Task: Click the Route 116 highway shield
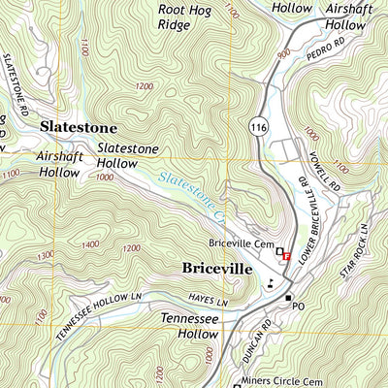257,126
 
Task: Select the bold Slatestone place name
78,127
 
